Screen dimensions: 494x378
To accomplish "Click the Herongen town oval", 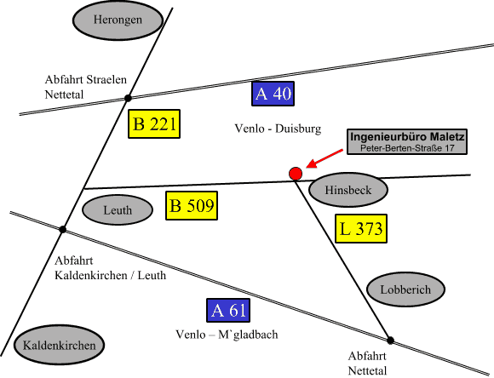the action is click(118, 20).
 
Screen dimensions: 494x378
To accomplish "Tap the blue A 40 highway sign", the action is click(273, 94).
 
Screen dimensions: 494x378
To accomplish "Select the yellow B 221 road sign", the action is click(154, 123).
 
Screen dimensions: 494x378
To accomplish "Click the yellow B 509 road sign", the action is click(192, 205).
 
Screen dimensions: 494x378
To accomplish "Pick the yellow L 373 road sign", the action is click(361, 229).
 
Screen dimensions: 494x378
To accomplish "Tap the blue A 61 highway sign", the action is click(228, 310).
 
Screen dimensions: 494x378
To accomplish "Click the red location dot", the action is click(296, 174).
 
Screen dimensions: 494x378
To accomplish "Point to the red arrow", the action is click(325, 158).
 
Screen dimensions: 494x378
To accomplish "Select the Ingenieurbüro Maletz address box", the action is click(407, 141).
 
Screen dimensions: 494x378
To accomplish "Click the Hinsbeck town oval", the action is click(348, 190).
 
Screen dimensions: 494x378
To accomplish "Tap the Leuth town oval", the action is click(118, 209).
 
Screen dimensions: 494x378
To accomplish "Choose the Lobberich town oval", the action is click(405, 289).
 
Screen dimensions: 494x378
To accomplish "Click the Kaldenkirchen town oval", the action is click(60, 346).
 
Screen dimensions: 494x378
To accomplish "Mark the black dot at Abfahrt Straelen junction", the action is click(128, 98).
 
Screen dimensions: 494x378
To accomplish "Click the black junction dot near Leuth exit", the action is click(63, 229).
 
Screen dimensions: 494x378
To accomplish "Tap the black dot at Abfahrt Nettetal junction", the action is click(390, 341).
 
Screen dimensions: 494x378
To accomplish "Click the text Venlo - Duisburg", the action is click(278, 129).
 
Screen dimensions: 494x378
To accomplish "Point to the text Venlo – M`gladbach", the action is click(227, 335).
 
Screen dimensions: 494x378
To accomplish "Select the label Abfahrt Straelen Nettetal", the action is click(86, 87).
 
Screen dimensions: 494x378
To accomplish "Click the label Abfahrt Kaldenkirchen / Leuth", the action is click(110, 268).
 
